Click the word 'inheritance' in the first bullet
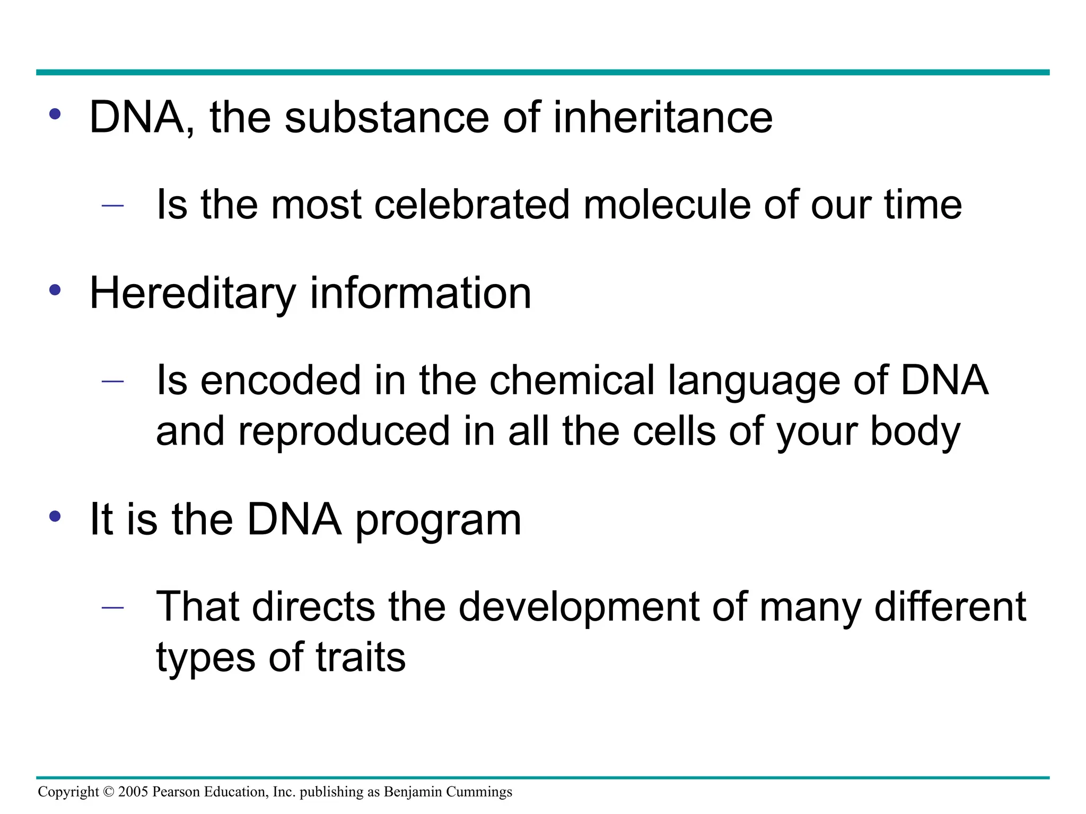662,118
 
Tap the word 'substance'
387,118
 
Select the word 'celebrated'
471,205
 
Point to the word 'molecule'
667,205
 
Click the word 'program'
438,521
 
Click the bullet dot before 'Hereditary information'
55,290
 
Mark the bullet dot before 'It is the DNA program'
55,516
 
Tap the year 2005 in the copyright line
133,792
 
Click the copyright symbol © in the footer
109,792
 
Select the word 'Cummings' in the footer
479,792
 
